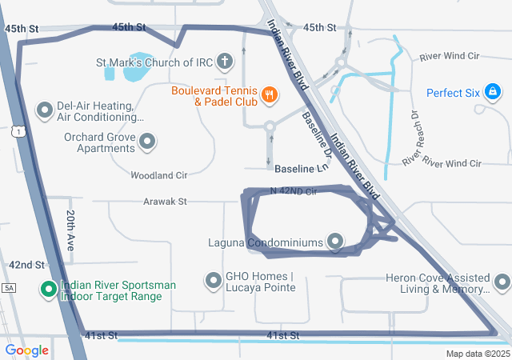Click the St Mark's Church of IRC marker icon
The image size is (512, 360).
pos(226,62)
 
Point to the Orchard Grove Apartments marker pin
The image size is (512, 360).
pos(147,142)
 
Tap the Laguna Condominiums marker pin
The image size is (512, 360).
pos(335,242)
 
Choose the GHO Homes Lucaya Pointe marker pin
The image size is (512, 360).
pos(214,281)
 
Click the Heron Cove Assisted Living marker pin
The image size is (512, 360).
pos(502,282)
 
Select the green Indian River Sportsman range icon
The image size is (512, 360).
pos(47,290)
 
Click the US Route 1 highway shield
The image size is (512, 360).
pos(19,131)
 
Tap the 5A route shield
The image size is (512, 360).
pos(9,287)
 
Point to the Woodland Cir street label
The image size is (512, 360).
pos(158,174)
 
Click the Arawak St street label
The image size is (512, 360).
pos(166,202)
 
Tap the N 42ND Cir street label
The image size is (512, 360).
pos(294,191)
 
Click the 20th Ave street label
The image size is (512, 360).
pos(70,231)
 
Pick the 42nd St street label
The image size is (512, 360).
pos(26,265)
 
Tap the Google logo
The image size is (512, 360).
pos(26,350)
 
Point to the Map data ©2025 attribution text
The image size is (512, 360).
pos(477,354)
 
